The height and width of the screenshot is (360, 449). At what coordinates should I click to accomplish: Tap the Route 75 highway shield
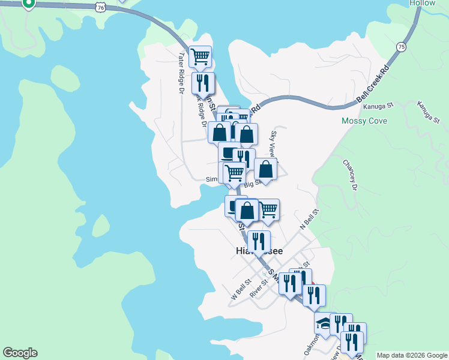401,47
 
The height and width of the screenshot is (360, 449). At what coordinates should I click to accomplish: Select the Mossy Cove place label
364,121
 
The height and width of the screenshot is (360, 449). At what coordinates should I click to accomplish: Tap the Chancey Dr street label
350,175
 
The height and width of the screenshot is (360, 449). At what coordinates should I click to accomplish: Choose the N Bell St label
309,218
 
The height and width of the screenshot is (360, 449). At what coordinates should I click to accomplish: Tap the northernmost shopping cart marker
200,57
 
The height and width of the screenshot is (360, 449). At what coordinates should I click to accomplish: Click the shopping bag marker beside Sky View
266,169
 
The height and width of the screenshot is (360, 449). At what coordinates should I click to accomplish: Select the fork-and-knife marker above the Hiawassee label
259,241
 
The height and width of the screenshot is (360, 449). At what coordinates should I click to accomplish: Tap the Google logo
20,353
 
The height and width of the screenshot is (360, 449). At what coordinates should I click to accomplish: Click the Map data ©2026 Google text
412,355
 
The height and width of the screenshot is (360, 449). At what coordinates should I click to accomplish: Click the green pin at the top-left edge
28,3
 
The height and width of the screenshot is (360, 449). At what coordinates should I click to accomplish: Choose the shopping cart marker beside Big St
234,173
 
